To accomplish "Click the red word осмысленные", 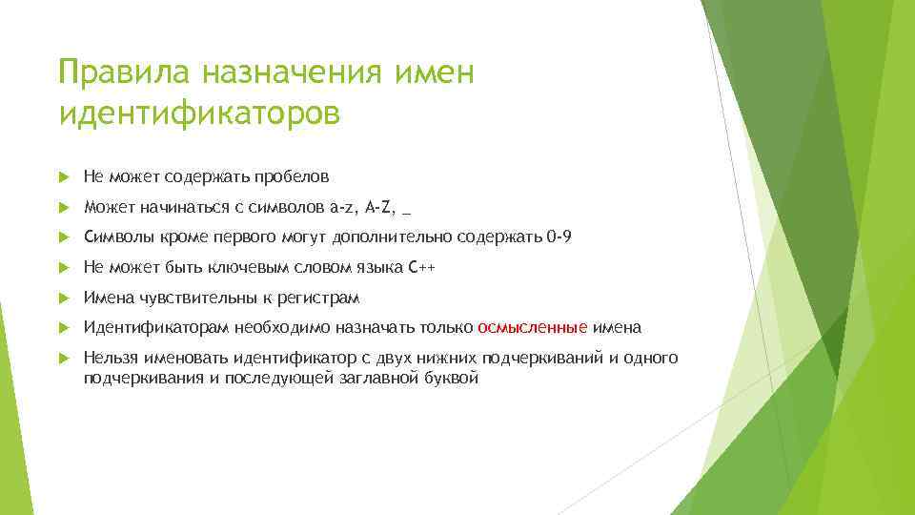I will click(x=533, y=328).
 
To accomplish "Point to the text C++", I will click(x=420, y=268).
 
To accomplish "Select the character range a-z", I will click(x=339, y=207).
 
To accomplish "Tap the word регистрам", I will click(x=318, y=299).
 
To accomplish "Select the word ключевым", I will click(x=258, y=268).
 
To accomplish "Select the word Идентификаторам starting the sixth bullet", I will click(x=142, y=328).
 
